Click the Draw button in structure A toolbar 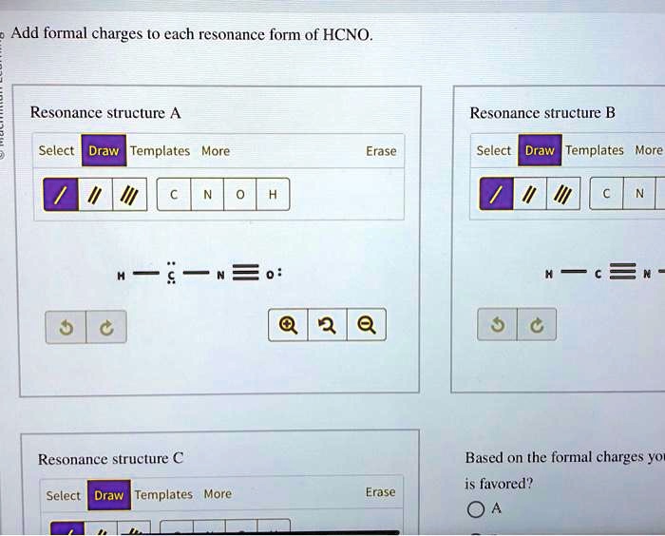[104, 151]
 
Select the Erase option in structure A [381, 151]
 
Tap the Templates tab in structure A [160, 151]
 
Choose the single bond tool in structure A [61, 195]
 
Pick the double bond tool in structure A [95, 195]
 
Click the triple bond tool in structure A [130, 195]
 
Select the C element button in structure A [174, 195]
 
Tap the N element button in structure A [207, 195]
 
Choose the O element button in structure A [240, 195]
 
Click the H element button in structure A [274, 195]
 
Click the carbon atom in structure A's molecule [171, 276]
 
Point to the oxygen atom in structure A [270, 275]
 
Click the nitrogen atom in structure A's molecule [220, 276]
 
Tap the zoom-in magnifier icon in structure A [288, 325]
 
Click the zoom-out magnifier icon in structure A [367, 325]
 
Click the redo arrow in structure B [537, 325]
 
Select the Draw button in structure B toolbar [540, 150]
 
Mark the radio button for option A [476, 509]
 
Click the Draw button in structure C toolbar [109, 495]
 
